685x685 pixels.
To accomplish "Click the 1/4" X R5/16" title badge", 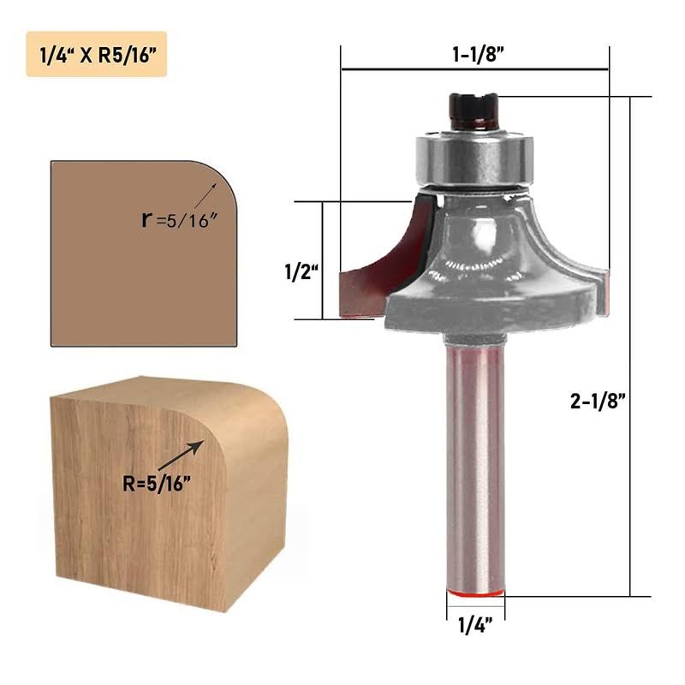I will (x=96, y=55).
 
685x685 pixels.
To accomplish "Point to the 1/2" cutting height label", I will (x=301, y=272).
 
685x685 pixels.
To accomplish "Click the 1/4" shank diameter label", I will (x=475, y=625).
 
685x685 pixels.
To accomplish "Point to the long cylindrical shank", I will (x=475, y=462).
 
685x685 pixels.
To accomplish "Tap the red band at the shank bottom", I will (x=475, y=591).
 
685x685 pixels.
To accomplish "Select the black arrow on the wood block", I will (x=182, y=455).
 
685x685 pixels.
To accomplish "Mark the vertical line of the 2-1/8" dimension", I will (x=631, y=342).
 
